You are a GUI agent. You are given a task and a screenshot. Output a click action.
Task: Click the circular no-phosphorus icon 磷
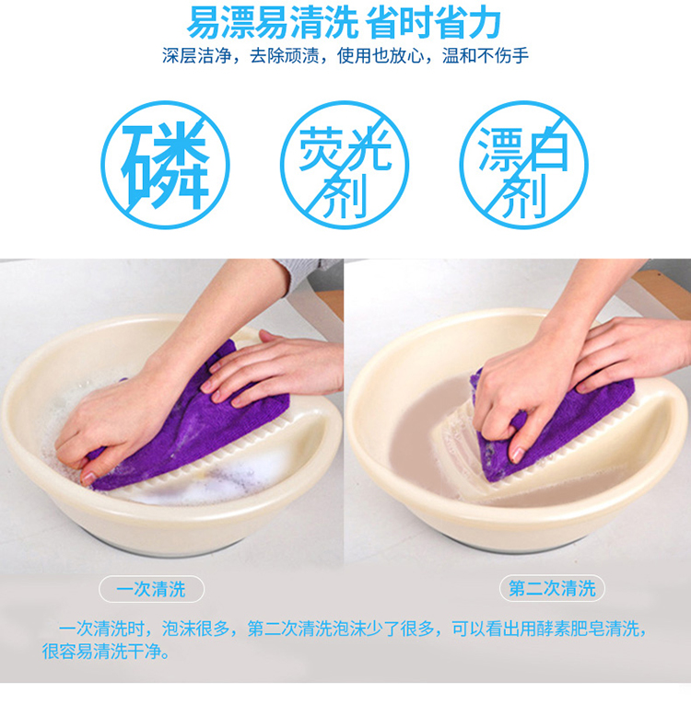[165, 165]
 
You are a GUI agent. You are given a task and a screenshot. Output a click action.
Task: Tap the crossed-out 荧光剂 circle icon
[345, 165]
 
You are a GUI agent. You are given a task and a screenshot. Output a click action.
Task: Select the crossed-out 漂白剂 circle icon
[523, 165]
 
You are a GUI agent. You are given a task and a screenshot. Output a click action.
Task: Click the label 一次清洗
[151, 589]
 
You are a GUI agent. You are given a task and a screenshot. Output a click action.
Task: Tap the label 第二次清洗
[552, 588]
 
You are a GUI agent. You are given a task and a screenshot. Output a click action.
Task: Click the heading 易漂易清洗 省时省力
[344, 22]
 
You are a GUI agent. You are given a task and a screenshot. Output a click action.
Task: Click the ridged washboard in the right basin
[463, 454]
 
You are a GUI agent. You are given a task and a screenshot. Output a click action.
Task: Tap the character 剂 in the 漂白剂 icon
[523, 195]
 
